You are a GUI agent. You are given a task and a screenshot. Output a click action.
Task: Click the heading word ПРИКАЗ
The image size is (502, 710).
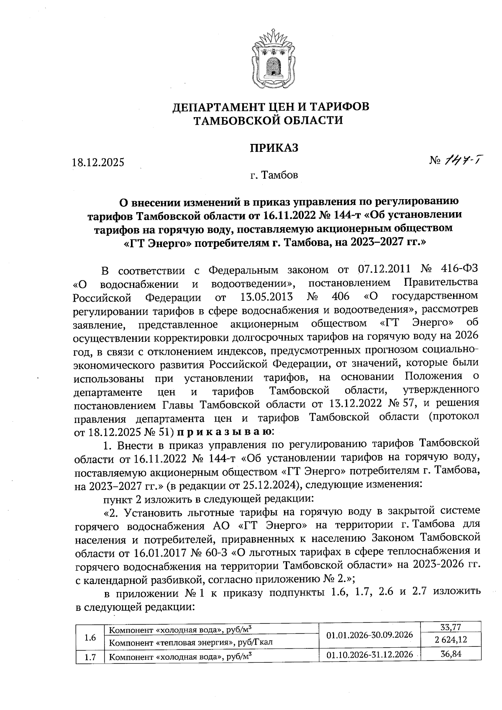(274, 148)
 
